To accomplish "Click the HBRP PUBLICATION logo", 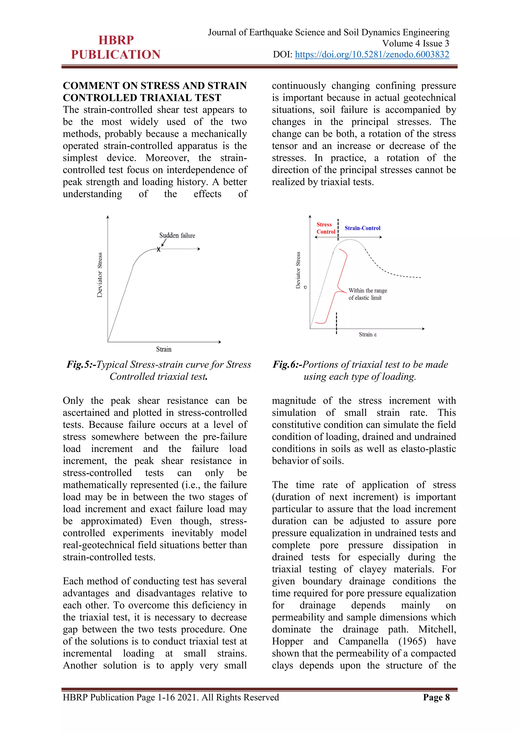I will click(x=116, y=47).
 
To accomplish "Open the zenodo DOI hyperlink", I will click(x=372, y=54).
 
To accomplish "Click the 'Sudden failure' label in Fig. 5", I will click(x=177, y=235).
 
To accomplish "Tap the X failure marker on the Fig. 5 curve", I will click(x=158, y=249).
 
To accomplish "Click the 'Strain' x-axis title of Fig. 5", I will click(x=164, y=349).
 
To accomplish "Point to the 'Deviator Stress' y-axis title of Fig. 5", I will click(x=100, y=275).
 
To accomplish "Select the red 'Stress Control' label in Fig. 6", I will click(x=325, y=228).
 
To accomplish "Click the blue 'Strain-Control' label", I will click(x=362, y=228).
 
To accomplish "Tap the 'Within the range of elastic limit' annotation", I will click(x=367, y=294).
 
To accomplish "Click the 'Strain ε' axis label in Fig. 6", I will click(x=367, y=334).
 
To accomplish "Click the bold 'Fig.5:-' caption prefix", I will click(x=81, y=364).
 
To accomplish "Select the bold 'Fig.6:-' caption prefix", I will click(x=287, y=364).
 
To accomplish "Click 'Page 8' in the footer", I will click(x=436, y=697).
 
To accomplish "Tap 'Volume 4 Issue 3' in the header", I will click(x=415, y=43).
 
